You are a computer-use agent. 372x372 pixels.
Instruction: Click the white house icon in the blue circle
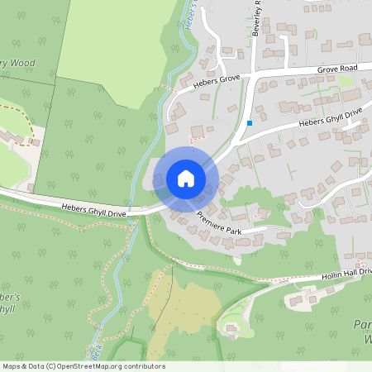pyautogui.click(x=185, y=179)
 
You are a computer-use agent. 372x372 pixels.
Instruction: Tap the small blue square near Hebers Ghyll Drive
pyautogui.click(x=249, y=123)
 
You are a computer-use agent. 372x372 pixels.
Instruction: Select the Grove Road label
pyautogui.click(x=336, y=67)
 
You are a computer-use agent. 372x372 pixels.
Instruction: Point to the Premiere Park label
pyautogui.click(x=219, y=223)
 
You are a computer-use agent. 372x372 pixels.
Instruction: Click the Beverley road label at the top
pyautogui.click(x=257, y=17)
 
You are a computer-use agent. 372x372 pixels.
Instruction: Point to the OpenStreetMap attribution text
pyautogui.click(x=83, y=366)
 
